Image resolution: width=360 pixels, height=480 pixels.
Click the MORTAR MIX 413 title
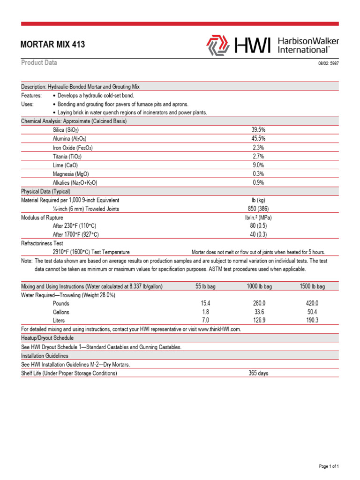53,45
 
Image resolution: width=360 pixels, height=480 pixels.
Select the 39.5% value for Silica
258,129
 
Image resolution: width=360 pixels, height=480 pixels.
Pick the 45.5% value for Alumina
258,138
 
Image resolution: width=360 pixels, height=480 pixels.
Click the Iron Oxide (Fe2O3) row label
73,147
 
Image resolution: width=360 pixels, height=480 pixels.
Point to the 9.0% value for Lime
258,165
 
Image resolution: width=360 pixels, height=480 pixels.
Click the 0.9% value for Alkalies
258,183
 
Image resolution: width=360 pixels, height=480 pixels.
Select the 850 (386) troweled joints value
258,209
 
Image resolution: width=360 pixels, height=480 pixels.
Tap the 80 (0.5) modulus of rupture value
259,225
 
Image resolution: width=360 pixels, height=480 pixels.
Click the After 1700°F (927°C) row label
76,234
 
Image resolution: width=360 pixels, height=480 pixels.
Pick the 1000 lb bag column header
259,286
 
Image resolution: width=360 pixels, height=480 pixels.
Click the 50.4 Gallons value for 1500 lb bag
312,312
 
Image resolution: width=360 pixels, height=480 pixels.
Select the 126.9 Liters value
259,320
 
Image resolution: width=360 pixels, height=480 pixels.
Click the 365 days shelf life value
258,373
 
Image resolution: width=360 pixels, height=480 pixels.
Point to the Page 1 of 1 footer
329,466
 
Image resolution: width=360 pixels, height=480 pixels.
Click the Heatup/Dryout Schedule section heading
47,338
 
